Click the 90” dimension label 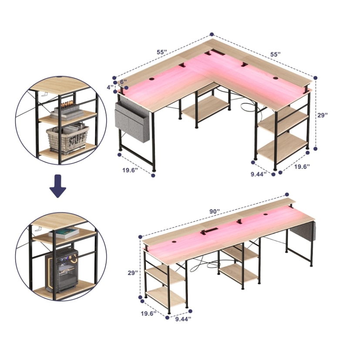click(x=215, y=212)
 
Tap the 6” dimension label click(x=124, y=82)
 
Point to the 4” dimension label click(x=111, y=87)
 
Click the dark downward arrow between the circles click(x=58, y=186)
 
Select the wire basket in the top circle click(x=67, y=138)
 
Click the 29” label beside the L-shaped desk click(x=323, y=115)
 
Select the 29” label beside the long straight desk click(x=133, y=273)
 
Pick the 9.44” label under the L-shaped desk click(x=259, y=174)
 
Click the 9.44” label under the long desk click(x=183, y=319)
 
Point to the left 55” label click(x=162, y=52)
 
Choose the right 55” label click(x=276, y=54)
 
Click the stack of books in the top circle click(x=67, y=112)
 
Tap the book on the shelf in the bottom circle click(x=64, y=233)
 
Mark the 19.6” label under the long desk click(x=148, y=313)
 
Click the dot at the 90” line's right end click(x=287, y=195)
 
